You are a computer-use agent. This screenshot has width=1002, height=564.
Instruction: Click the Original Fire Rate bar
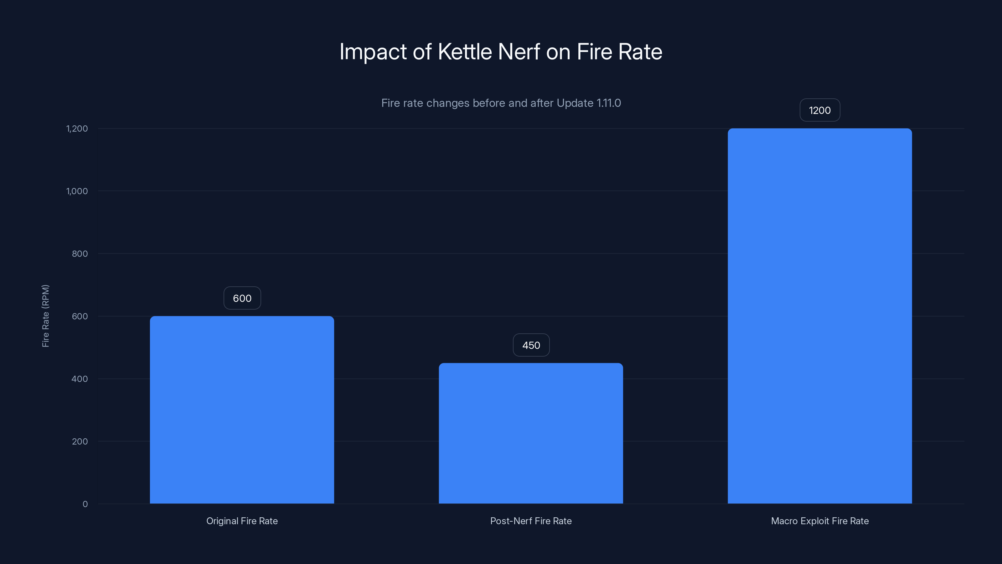tap(242, 410)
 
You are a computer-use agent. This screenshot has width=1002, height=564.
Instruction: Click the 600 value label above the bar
tap(242, 298)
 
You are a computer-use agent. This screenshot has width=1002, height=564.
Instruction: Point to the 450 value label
tap(531, 345)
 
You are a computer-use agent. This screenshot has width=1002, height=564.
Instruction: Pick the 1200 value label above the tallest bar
tap(819, 110)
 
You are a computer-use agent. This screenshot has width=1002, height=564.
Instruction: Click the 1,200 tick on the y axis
tap(77, 128)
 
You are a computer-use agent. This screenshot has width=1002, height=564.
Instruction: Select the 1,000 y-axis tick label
tap(77, 191)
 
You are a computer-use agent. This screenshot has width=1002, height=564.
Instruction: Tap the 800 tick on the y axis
tap(80, 254)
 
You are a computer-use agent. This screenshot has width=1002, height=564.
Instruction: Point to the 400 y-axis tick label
tap(80, 379)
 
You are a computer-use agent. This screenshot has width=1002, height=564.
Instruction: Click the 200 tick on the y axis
tap(80, 441)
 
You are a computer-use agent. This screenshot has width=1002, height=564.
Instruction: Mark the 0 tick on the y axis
tap(85, 504)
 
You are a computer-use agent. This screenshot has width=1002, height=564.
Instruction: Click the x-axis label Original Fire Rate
tap(242, 521)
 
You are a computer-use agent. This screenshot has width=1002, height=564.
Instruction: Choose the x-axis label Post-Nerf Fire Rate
tap(531, 521)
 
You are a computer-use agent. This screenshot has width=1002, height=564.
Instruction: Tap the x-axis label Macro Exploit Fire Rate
tap(819, 521)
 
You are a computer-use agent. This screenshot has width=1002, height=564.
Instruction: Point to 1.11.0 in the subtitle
tap(608, 103)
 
